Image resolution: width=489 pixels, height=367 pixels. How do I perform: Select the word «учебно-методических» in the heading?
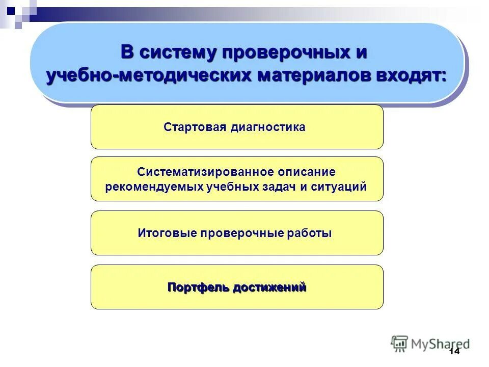pyautogui.click(x=149, y=75)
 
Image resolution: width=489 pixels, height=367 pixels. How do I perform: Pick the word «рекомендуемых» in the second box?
pyautogui.click(x=154, y=187)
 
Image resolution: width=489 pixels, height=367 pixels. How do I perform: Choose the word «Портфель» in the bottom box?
pyautogui.click(x=198, y=287)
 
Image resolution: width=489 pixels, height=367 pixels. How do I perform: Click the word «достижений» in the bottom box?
pyautogui.click(x=269, y=287)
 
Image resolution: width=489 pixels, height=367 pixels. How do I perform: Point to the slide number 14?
pyautogui.click(x=454, y=352)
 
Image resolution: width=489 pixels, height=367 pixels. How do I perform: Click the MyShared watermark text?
pyautogui.click(x=441, y=344)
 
